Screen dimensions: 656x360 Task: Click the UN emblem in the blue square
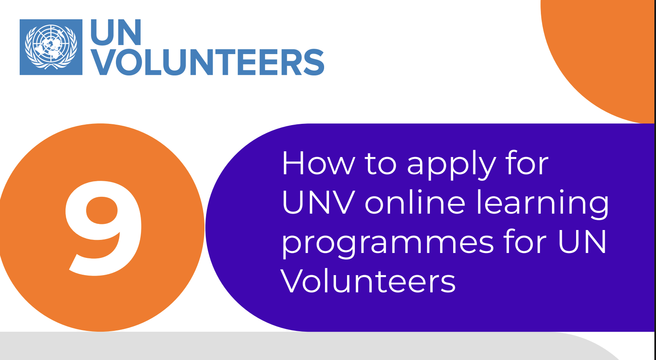[x=51, y=47]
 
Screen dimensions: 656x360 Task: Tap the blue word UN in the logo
[x=116, y=32]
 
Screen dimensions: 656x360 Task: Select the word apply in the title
[x=452, y=166]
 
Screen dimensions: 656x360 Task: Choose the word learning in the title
[x=543, y=204]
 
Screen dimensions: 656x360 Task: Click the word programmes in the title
[x=388, y=244]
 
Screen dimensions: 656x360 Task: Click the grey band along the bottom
[x=293, y=346]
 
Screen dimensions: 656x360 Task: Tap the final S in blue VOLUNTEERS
[x=313, y=62]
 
